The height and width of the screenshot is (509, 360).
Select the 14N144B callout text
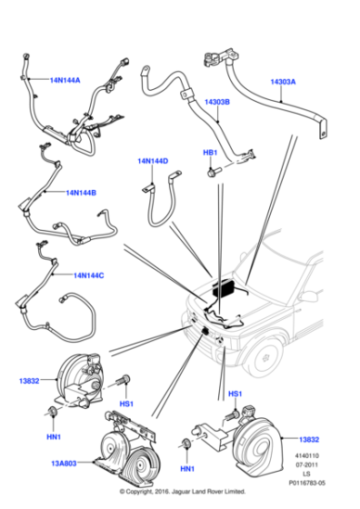pyautogui.click(x=81, y=193)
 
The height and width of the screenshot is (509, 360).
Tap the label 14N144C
pyautogui.click(x=89, y=274)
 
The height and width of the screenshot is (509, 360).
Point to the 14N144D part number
pyautogui.click(x=152, y=161)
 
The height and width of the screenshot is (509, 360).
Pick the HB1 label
pyautogui.click(x=210, y=152)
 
